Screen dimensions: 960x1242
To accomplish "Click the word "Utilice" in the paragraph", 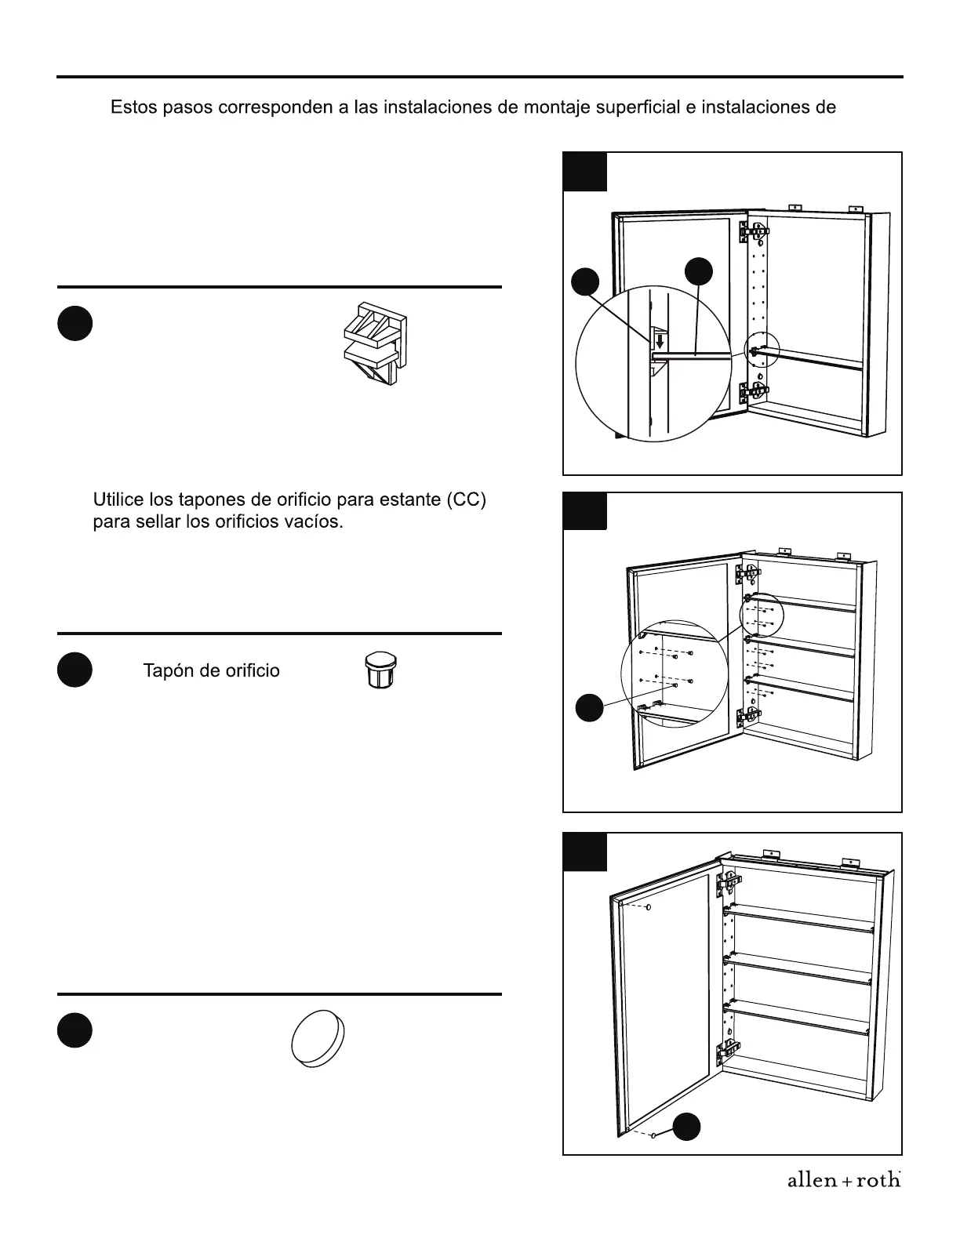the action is pos(117,500).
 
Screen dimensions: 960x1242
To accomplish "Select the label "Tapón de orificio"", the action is pos(211,671).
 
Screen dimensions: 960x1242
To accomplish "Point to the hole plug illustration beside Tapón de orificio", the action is pos(380,671).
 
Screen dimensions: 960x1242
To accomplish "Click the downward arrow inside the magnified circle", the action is pos(660,342).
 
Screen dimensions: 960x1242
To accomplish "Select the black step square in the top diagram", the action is pos(585,172).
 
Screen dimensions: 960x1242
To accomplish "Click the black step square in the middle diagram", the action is pos(585,511).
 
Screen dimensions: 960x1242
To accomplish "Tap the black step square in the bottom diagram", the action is pos(585,852).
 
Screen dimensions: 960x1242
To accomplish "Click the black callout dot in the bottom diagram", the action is pos(687,1126).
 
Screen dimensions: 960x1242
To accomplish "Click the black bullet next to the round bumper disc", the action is pos(75,1030).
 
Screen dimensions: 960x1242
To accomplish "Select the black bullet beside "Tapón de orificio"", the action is pos(75,670).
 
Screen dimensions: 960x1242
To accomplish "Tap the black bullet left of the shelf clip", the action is pos(75,324).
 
